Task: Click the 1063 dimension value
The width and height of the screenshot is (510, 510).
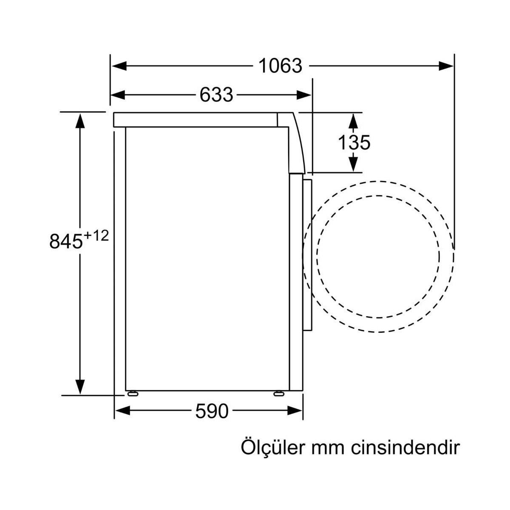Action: (x=280, y=66)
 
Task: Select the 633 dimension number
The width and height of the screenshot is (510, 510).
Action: (x=216, y=95)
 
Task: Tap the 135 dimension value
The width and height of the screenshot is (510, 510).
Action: (x=354, y=143)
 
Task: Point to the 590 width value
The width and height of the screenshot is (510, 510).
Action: (x=212, y=411)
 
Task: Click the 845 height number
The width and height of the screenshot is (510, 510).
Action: (x=66, y=241)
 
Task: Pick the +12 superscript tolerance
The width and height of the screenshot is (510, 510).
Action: (x=96, y=235)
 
